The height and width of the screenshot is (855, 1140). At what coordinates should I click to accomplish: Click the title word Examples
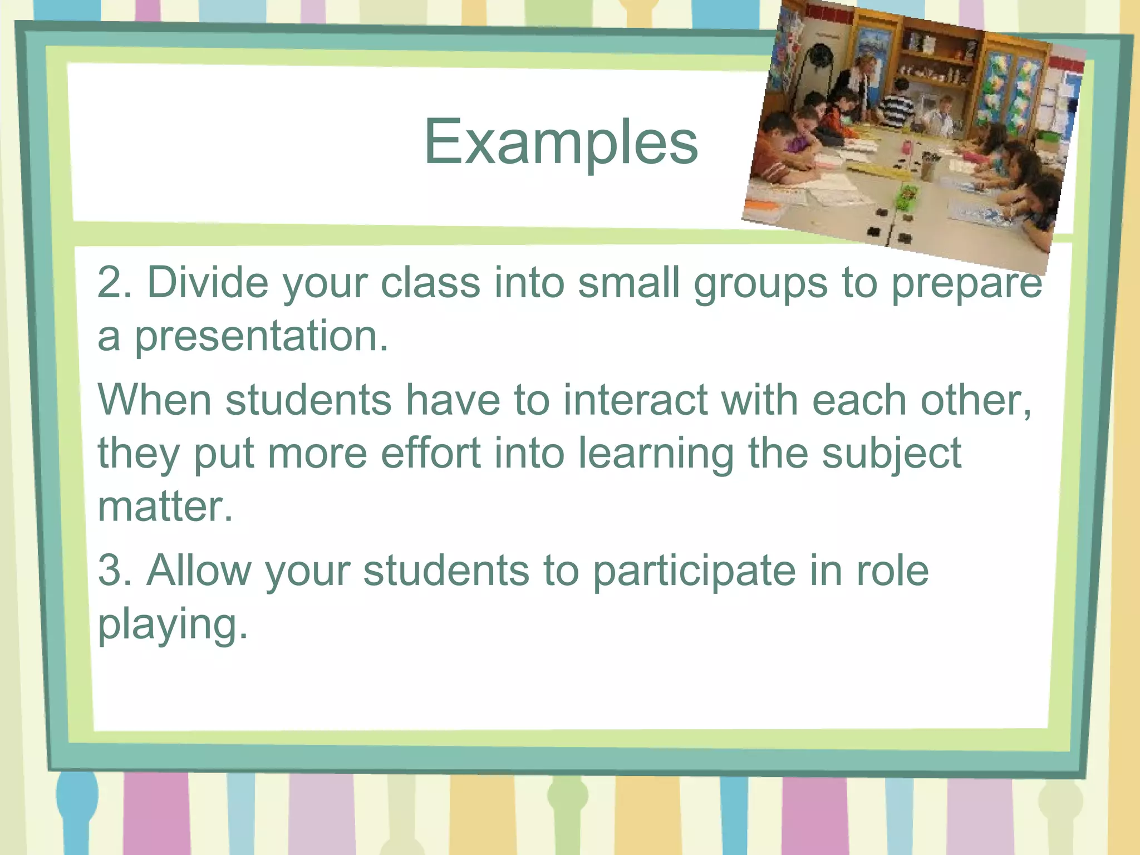pos(561,142)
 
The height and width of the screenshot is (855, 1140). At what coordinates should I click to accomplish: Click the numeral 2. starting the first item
pos(114,283)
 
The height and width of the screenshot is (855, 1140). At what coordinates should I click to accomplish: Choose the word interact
pos(635,400)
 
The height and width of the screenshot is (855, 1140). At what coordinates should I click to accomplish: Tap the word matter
pos(165,507)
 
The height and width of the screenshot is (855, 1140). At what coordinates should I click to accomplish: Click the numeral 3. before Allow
pos(114,571)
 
